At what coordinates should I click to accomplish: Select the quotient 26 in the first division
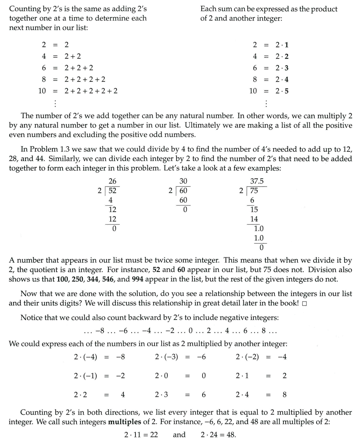pos(112,181)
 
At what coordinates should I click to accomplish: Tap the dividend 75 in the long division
pos(254,191)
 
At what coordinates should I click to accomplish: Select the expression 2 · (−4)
pos(85,357)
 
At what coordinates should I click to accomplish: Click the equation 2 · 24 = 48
pos(218,435)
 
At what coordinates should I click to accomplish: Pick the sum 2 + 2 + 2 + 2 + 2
pos(91,91)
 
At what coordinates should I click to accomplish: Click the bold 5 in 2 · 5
pos(286,91)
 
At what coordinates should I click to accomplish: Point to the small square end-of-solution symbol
pos(304,303)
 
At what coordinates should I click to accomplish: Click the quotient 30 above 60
pos(183,181)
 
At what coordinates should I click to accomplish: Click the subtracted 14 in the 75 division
pos(254,219)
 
